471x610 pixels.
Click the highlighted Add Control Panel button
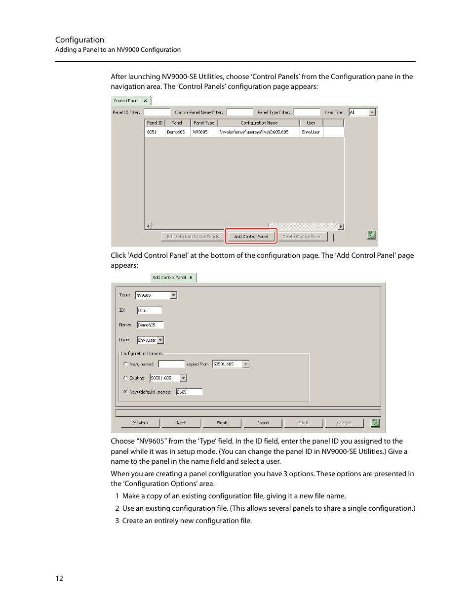click(x=251, y=237)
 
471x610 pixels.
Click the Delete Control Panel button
click(x=302, y=237)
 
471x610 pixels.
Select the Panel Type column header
click(x=204, y=123)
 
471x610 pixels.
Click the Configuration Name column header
click(x=259, y=123)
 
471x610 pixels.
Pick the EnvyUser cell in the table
click(x=311, y=132)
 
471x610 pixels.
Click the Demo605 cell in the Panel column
click(x=176, y=132)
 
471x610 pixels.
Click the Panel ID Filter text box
click(x=157, y=113)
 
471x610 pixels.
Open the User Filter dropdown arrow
click(x=372, y=113)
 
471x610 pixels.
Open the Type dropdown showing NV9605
click(x=173, y=295)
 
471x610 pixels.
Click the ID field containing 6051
click(x=149, y=311)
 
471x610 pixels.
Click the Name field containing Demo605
click(x=150, y=325)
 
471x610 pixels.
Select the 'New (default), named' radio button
click(x=125, y=392)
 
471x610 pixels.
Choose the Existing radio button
click(x=125, y=378)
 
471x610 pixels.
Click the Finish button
click(x=222, y=423)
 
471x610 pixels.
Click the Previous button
click(x=140, y=423)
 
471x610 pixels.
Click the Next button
click(x=181, y=423)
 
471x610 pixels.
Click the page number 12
click(x=59, y=578)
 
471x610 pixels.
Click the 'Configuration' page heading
click(x=79, y=40)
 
